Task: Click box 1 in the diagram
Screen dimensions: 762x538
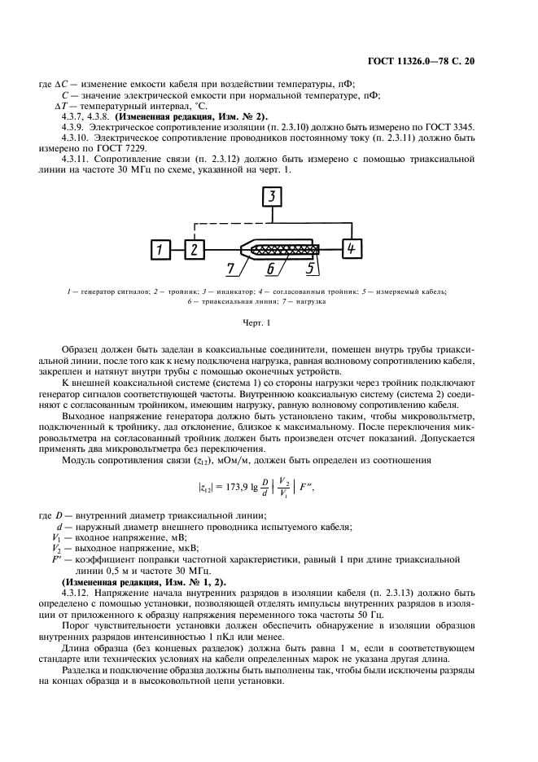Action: click(162, 249)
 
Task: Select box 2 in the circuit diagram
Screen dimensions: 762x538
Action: click(195, 249)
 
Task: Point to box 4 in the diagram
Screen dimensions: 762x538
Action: click(352, 248)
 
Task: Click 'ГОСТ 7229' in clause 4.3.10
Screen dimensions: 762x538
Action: click(107, 149)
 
